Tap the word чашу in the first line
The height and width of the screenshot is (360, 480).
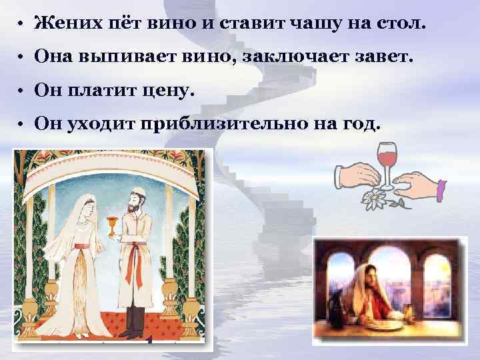tap(313, 25)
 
